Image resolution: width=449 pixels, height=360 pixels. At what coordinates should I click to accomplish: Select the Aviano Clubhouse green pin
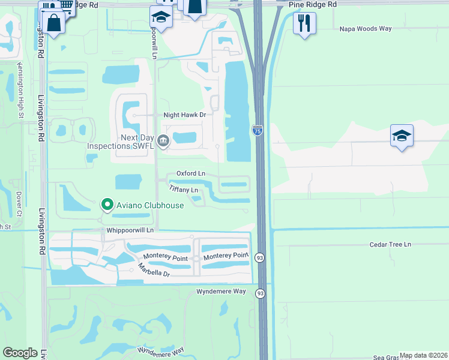pos(107,205)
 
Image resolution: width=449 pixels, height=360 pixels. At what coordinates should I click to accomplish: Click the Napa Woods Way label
pos(365,28)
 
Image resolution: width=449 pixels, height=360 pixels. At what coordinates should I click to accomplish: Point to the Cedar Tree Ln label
pos(391,244)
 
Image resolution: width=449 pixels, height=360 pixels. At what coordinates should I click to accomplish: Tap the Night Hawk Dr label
pos(185,115)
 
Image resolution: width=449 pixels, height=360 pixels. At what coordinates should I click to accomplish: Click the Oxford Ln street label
pos(191,173)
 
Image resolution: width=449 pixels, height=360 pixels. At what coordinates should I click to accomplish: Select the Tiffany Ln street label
pos(184,190)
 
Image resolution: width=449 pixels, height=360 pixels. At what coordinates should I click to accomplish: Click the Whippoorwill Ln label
pos(130,230)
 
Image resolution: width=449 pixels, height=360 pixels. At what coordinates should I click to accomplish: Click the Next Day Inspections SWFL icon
pos(163,141)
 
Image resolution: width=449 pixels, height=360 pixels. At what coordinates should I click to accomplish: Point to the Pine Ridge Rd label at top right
pos(313,4)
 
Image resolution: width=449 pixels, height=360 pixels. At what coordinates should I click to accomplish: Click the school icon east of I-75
pos(402,135)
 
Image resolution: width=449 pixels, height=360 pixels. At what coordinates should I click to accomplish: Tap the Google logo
pos(20,353)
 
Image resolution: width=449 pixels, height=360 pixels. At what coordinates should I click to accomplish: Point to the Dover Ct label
pos(19,205)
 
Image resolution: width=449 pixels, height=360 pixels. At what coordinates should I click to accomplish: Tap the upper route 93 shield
pos(259,256)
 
